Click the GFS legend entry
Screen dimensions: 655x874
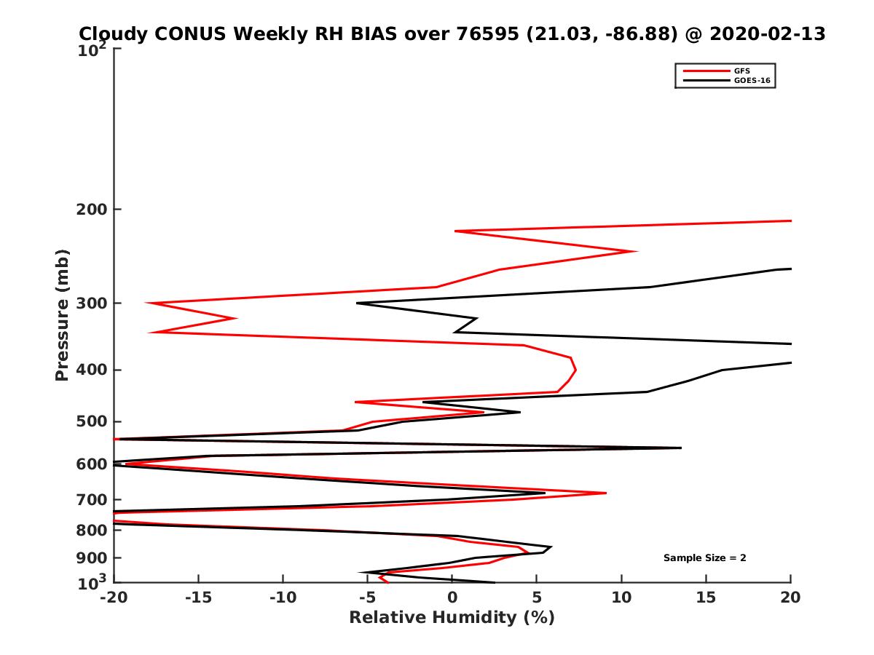[x=744, y=71]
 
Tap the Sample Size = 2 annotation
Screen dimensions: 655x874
[x=704, y=558]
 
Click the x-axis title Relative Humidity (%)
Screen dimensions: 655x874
[x=452, y=618]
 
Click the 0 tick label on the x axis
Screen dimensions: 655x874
[x=452, y=598]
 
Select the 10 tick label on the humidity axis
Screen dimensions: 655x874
[x=621, y=598]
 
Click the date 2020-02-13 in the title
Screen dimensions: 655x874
[x=768, y=33]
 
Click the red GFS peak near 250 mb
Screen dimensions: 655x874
[x=637, y=252]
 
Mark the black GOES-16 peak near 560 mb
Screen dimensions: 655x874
[x=681, y=448]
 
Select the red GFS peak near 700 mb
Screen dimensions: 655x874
[x=606, y=493]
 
